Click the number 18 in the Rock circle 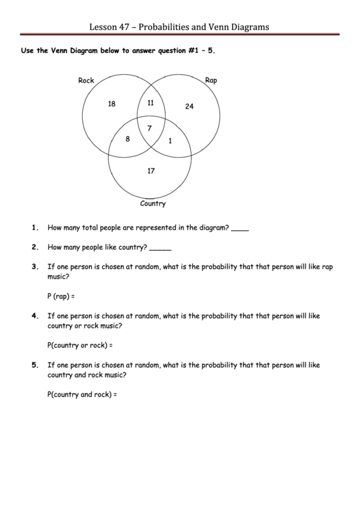tap(111, 104)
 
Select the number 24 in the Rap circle tap(189, 106)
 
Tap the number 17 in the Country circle tap(151, 171)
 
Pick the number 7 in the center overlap tap(149, 128)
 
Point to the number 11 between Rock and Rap tap(150, 103)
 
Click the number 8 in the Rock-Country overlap tap(128, 139)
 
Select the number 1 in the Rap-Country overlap tap(170, 141)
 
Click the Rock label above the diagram tap(86, 80)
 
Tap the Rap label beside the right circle tap(211, 80)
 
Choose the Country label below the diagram tap(153, 203)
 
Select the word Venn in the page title tap(218, 27)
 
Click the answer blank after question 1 tap(240, 229)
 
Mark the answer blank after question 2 tap(160, 248)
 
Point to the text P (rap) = tap(60, 296)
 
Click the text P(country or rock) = tap(80, 345)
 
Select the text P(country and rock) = tap(82, 394)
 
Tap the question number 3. tap(35, 267)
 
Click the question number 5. tap(35, 365)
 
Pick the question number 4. tap(35, 316)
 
